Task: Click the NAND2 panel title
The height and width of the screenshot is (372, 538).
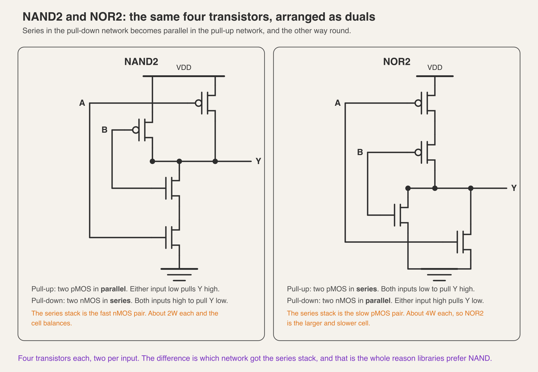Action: tap(141, 62)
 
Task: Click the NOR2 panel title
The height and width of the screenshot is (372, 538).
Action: tap(397, 62)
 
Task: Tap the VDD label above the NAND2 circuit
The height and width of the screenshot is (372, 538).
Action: tap(184, 68)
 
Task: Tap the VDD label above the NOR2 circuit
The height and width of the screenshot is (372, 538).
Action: tap(435, 68)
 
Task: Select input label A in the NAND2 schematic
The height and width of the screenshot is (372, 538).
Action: tap(82, 103)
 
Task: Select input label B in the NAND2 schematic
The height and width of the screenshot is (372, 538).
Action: tap(105, 130)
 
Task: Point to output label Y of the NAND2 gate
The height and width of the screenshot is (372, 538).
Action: tap(259, 161)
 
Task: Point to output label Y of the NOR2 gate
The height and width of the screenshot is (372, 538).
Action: tap(514, 188)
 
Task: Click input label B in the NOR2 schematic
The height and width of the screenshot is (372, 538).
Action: tap(360, 152)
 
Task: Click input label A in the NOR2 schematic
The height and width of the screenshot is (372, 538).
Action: tap(338, 103)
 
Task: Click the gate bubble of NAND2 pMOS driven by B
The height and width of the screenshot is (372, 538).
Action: tap(136, 130)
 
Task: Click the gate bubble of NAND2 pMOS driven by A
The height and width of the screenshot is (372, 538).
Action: tap(198, 103)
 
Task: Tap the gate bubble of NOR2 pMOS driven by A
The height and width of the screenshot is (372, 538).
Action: tap(418, 103)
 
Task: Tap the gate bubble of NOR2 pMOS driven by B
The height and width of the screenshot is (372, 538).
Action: tap(418, 152)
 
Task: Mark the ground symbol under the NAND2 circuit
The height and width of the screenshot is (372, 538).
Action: tap(179, 275)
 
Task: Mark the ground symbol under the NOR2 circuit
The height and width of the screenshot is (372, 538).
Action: tap(439, 275)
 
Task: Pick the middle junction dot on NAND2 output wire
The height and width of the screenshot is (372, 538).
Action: tap(179, 161)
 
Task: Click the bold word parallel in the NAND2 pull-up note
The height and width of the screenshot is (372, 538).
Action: tap(113, 289)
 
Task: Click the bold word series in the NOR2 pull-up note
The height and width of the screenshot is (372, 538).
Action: tap(367, 289)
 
